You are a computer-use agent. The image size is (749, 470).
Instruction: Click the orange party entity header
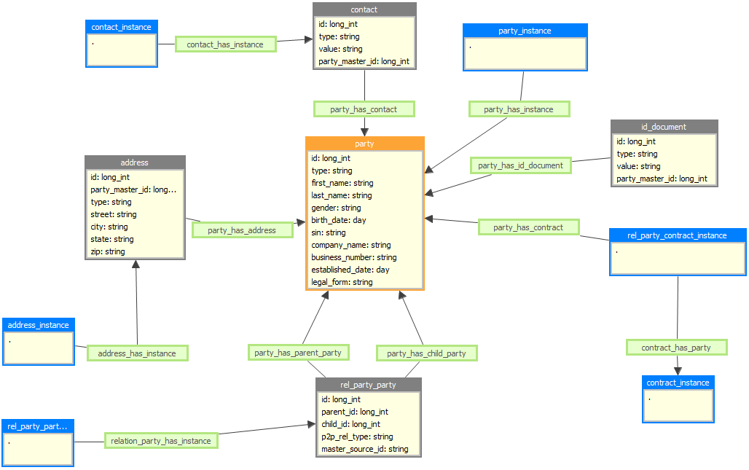pos(364,144)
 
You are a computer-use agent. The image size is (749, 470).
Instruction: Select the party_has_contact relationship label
pos(364,109)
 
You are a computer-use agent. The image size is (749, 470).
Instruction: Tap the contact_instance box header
pos(122,27)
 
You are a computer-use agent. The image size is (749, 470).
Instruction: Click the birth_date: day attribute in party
pos(339,220)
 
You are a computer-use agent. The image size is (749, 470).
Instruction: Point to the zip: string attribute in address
pos(108,251)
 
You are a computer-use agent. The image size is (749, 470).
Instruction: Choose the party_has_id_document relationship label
pos(520,165)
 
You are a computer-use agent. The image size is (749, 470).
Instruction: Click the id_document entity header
pos(664,127)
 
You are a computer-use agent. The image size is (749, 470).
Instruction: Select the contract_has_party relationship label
pos(676,348)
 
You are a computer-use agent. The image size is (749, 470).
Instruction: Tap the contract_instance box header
pos(678,383)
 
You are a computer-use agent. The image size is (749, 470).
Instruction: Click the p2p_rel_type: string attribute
pos(357,436)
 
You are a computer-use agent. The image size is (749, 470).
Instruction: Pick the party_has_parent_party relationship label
pos(298,353)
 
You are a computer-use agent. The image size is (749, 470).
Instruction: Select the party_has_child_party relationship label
pos(426,353)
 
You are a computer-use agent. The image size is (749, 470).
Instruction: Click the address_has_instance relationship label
pos(137,353)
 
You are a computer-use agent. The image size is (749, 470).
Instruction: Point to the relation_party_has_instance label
pos(161,441)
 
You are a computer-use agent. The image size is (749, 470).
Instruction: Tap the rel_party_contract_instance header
pos(677,235)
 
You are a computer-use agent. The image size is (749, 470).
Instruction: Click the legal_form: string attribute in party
pos(342,282)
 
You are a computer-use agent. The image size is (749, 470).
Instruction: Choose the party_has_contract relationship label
pos(528,227)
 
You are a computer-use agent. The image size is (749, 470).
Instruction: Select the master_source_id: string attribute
pos(364,449)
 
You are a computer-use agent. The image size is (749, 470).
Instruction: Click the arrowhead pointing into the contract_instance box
pos(678,372)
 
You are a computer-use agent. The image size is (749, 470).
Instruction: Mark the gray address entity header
pos(135,162)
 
